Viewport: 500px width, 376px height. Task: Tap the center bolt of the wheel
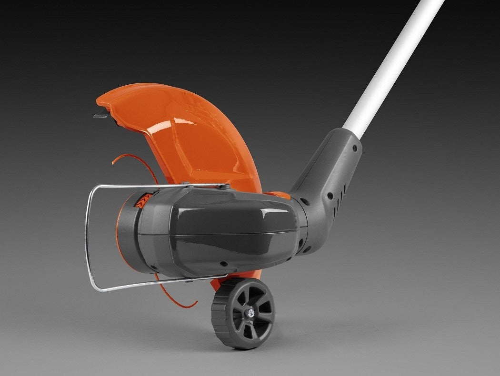249,313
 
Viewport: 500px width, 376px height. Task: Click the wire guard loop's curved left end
88,238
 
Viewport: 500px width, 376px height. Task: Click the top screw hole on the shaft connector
355,148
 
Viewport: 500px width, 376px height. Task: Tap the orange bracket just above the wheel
217,284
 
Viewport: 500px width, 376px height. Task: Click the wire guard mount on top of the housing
226,187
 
